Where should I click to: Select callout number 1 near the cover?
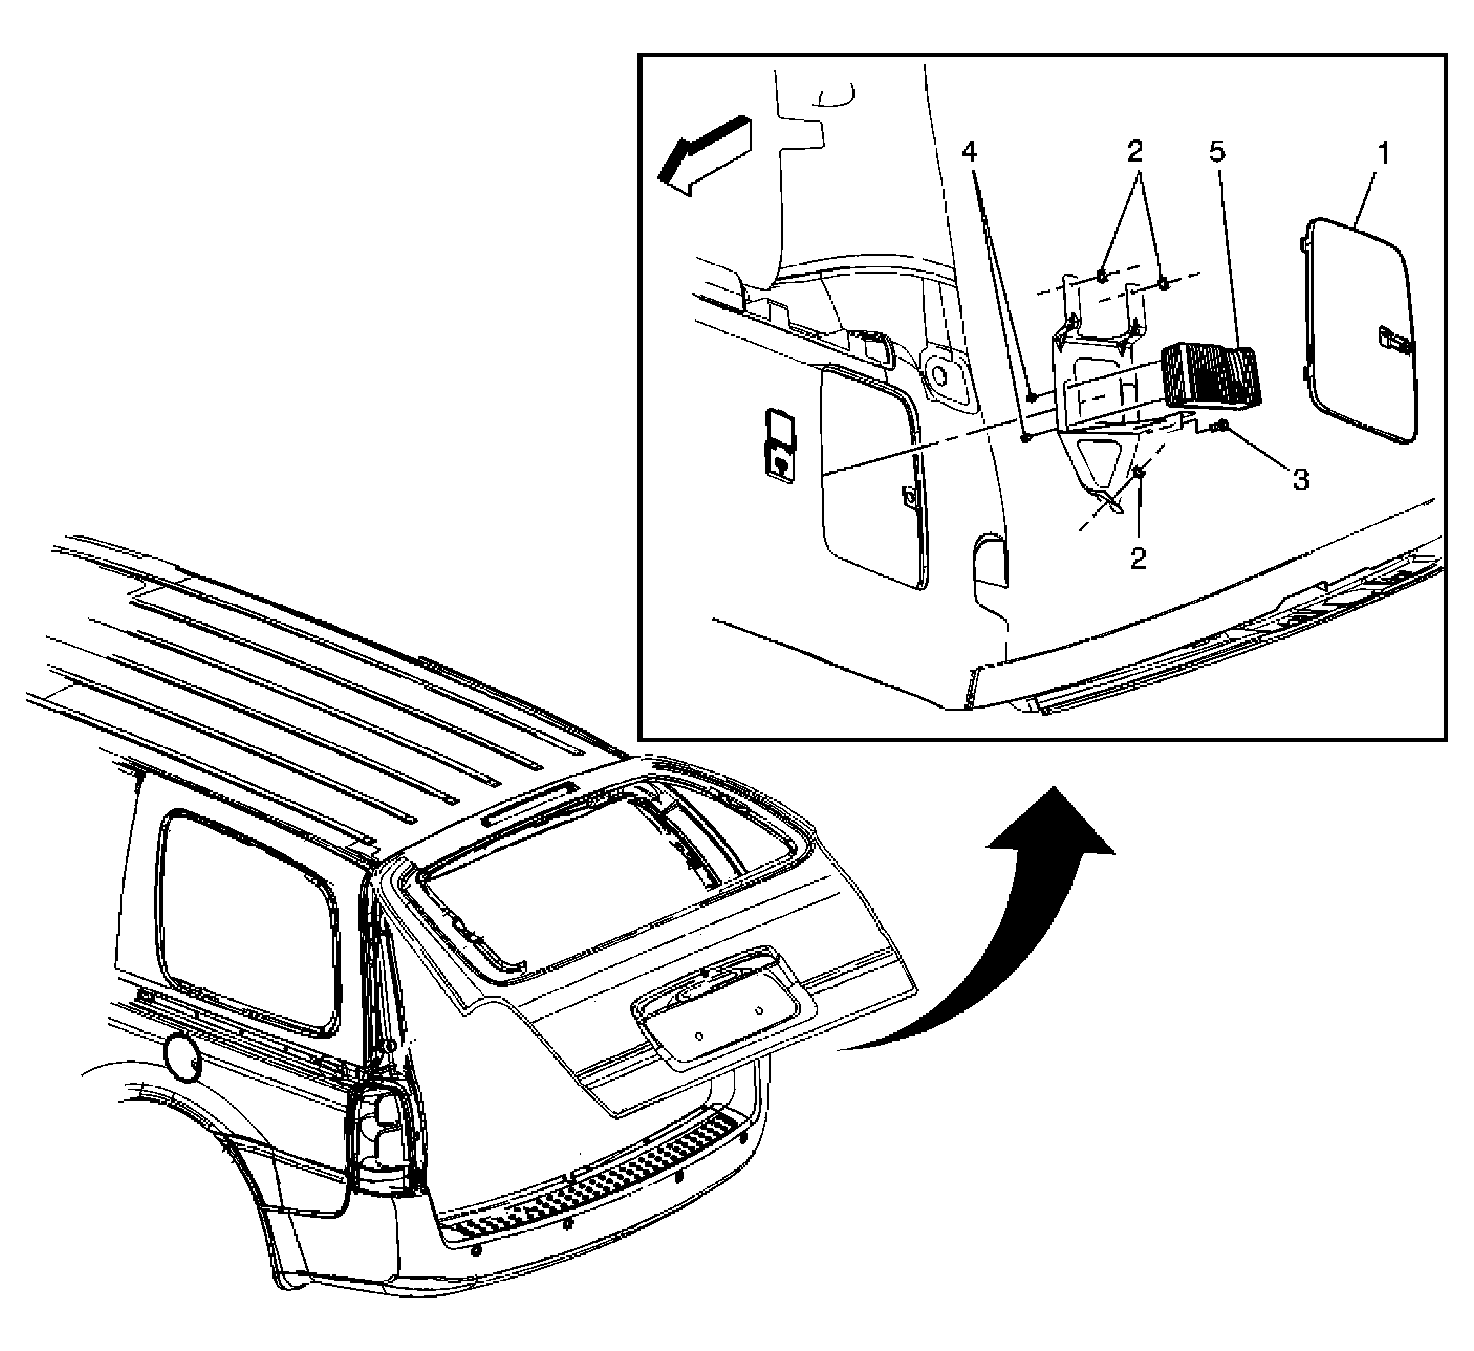point(1383,155)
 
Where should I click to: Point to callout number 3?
point(1301,481)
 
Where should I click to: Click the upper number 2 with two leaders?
point(1134,152)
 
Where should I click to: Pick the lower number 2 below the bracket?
point(1138,559)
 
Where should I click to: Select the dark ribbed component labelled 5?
point(1209,375)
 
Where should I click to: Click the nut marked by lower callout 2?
point(1139,474)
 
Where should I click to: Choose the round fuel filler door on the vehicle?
point(182,1057)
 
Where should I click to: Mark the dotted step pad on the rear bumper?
point(592,1193)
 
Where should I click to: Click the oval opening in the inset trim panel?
point(941,374)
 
